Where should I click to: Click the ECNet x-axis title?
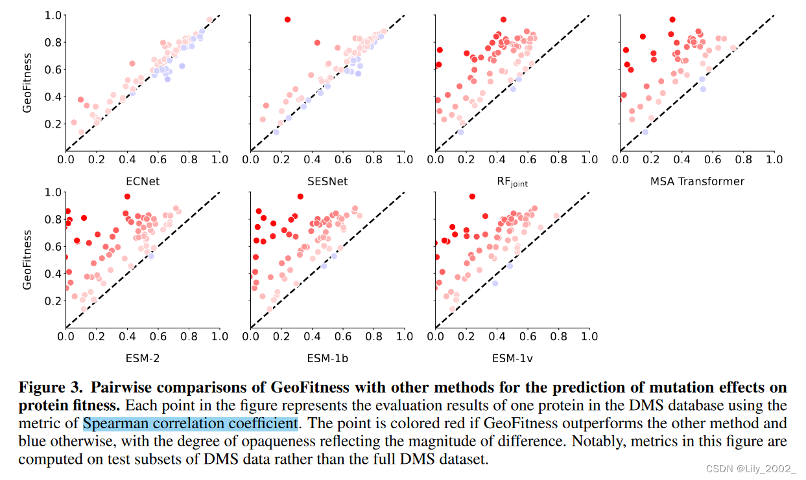143,181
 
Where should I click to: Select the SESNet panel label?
327,181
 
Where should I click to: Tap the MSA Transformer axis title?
697,181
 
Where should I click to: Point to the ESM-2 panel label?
143,358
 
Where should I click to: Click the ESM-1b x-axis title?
327,358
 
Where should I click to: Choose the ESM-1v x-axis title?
512,358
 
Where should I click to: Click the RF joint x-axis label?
512,182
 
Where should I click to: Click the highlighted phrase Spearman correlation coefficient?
190,424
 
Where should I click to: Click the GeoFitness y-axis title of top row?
27,82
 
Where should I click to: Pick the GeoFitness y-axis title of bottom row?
27,259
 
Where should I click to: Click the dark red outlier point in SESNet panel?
287,19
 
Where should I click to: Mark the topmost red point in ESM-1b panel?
300,196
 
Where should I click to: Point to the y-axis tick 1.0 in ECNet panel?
54,15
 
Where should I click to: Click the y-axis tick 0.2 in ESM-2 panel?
54,301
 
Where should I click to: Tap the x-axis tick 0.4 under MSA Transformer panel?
682,159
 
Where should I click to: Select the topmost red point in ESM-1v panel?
472,196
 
